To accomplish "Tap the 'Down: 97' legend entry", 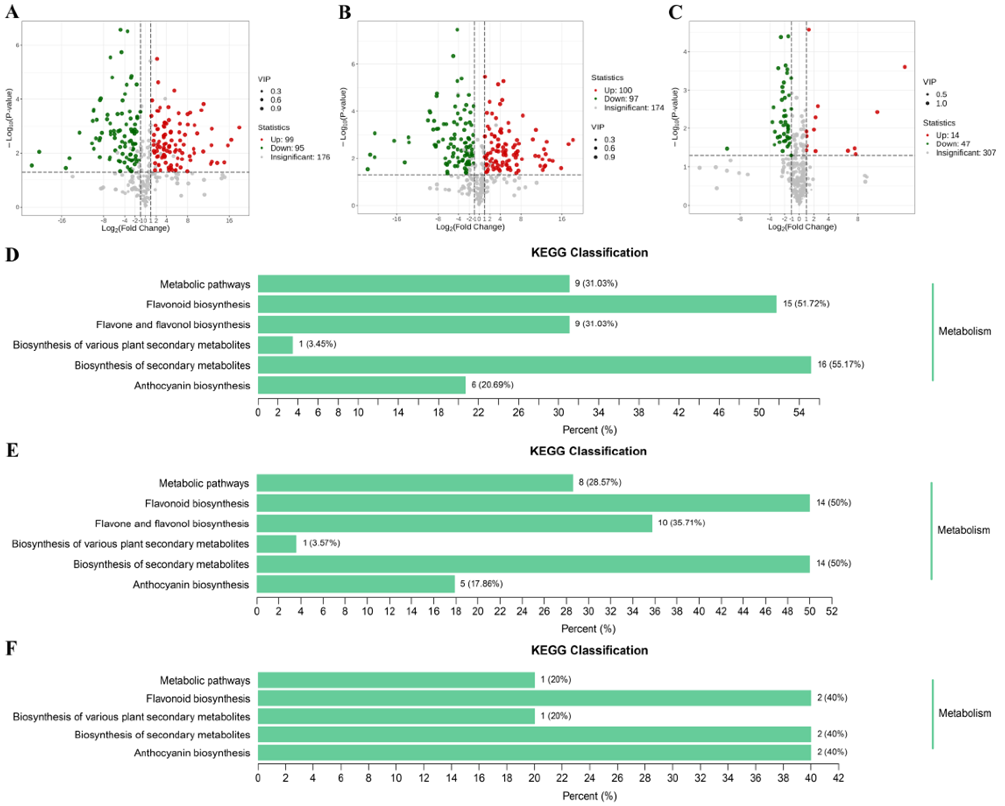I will [x=620, y=99].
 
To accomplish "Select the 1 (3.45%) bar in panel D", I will [x=275, y=345].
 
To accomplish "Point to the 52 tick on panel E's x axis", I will [x=832, y=611].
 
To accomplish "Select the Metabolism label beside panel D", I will [x=964, y=331].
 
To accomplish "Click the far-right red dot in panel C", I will [x=905, y=67].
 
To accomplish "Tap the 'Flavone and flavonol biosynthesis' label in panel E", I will [x=172, y=524].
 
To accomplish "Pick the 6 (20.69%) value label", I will [x=492, y=384].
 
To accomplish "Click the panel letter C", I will [x=675, y=11].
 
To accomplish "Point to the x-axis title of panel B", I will [x=470, y=227].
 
